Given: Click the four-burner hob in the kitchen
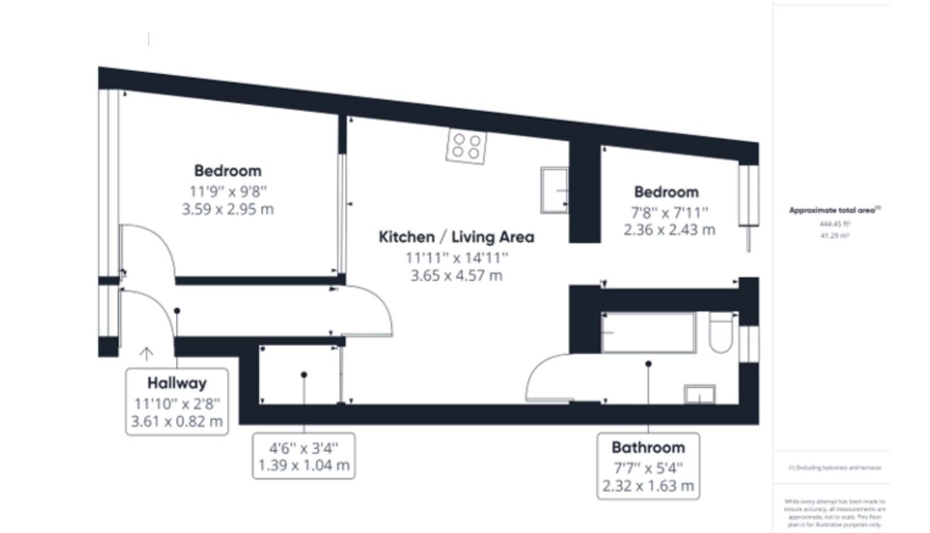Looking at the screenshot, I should [x=467, y=147].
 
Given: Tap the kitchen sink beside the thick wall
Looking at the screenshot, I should [x=555, y=190].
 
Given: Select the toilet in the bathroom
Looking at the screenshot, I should [x=720, y=333].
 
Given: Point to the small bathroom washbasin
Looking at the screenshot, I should [x=699, y=394].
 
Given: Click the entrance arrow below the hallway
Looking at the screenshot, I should [x=146, y=354].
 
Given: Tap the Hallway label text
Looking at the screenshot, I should [x=177, y=383].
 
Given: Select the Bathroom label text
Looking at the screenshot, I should [x=648, y=447].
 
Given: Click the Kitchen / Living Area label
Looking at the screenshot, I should [x=456, y=237].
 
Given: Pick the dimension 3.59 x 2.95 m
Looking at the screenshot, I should [x=228, y=209].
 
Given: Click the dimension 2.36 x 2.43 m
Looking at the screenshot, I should [x=670, y=230].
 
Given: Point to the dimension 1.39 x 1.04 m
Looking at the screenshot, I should [x=304, y=466].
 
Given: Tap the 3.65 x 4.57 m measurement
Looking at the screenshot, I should [x=456, y=275].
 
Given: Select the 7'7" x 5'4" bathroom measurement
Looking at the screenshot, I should [x=648, y=468].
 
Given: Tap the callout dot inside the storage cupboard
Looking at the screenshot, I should [x=304, y=374].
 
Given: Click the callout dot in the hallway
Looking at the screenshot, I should [x=177, y=310].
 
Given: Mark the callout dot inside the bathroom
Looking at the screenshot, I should [x=648, y=364].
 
